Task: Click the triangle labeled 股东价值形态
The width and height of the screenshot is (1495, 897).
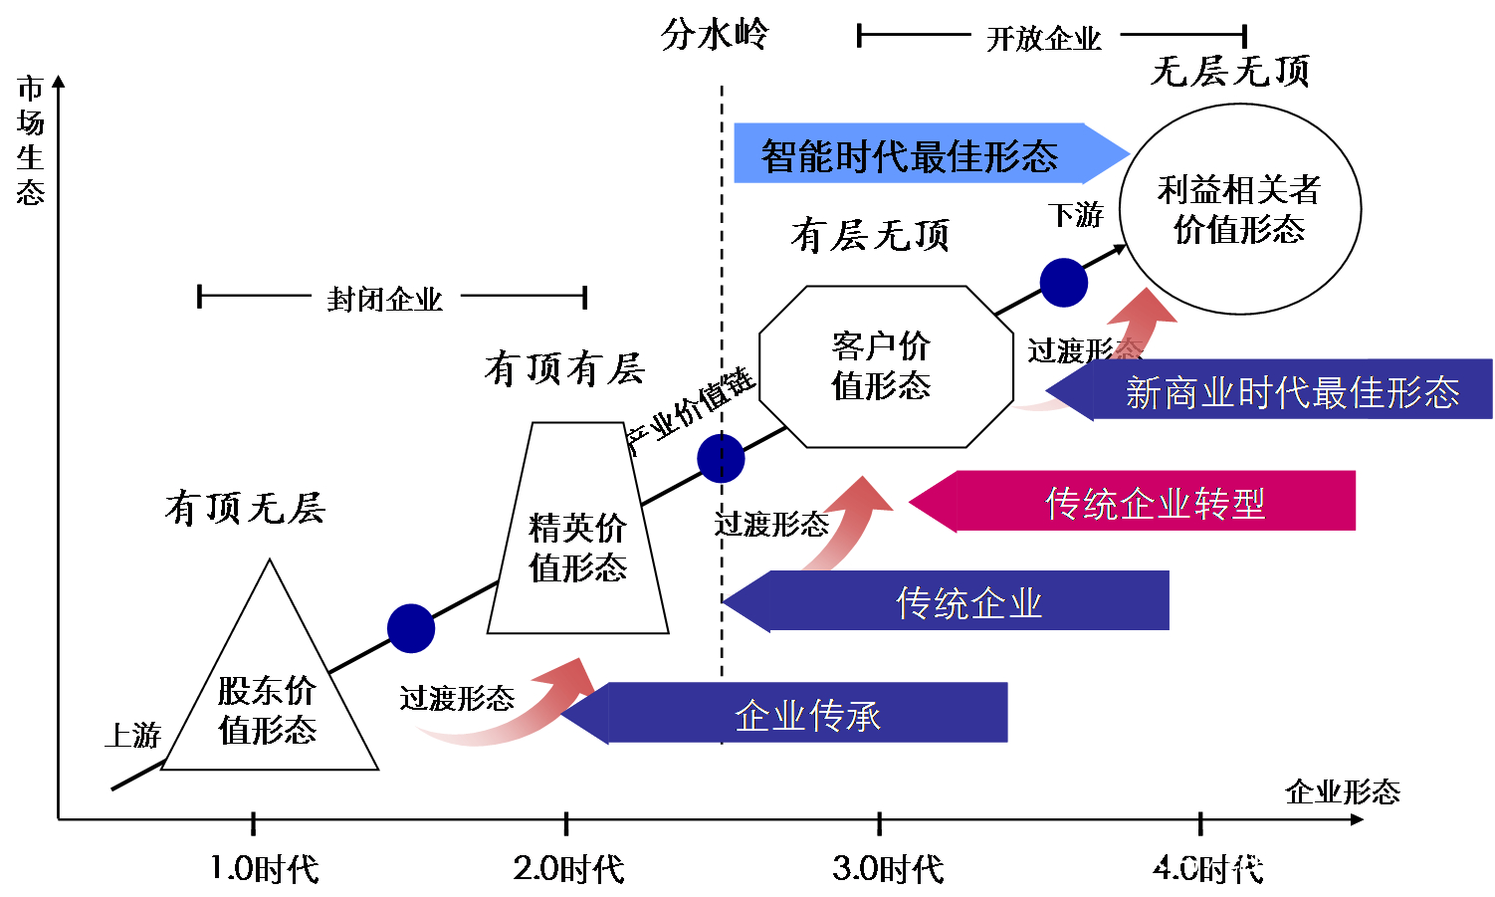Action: pos(269,707)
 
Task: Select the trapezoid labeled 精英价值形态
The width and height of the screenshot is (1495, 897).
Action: pos(577,548)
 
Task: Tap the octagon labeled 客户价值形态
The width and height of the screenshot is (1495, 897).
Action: pos(882,366)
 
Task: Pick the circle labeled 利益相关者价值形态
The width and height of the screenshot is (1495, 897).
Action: pos(1239,209)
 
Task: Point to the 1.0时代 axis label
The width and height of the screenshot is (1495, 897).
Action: pos(264,869)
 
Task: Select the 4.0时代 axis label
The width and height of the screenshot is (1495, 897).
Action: pos(1207,869)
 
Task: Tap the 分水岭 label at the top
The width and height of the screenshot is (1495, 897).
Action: pos(715,36)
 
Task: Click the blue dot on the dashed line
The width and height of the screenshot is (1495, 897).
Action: pos(721,458)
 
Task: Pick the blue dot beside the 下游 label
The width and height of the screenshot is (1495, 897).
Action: pos(1063,282)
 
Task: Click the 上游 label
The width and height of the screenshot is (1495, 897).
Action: pos(132,736)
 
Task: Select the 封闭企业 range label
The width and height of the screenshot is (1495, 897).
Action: pos(384,299)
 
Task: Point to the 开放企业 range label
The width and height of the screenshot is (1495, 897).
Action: pos(1043,39)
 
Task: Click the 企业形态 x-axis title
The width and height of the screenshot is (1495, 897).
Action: pos(1342,792)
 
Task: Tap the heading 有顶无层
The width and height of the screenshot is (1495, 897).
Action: pos(245,509)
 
